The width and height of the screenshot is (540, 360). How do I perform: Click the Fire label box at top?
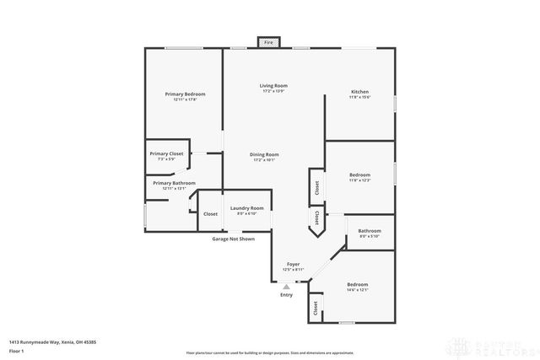(x=269, y=42)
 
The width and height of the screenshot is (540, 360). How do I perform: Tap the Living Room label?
(x=273, y=86)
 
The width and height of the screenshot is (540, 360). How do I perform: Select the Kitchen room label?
(x=359, y=91)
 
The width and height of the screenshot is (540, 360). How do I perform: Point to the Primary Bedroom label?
(x=185, y=94)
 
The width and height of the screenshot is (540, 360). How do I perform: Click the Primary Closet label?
(x=166, y=153)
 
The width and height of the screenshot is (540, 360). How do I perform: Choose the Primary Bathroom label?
(x=174, y=183)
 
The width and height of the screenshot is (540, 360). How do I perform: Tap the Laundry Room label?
(x=246, y=207)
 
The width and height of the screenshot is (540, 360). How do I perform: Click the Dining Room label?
(x=264, y=154)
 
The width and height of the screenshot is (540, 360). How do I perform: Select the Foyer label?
(x=293, y=264)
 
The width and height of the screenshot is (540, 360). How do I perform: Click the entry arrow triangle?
(x=286, y=287)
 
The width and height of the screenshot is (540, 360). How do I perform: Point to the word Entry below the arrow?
(x=286, y=295)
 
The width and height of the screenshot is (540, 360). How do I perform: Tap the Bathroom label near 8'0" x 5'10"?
(x=370, y=230)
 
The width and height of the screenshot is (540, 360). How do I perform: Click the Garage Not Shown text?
(x=233, y=239)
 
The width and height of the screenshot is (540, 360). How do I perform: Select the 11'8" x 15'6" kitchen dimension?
(x=359, y=97)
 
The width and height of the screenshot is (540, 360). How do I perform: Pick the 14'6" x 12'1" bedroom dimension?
(x=358, y=290)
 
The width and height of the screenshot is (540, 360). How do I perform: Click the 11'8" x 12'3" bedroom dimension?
(x=359, y=180)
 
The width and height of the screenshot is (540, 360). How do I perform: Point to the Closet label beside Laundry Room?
(x=210, y=214)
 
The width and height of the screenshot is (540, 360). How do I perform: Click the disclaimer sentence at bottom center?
(x=269, y=351)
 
